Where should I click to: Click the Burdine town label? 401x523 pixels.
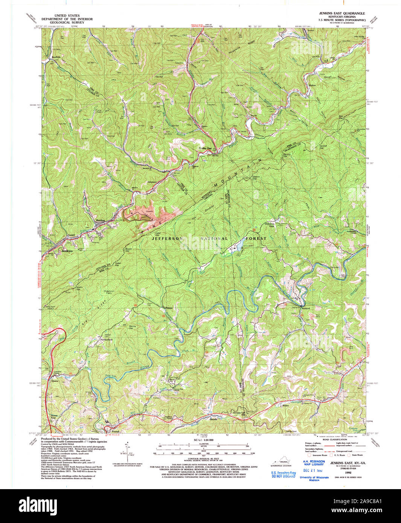click(100, 220)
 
